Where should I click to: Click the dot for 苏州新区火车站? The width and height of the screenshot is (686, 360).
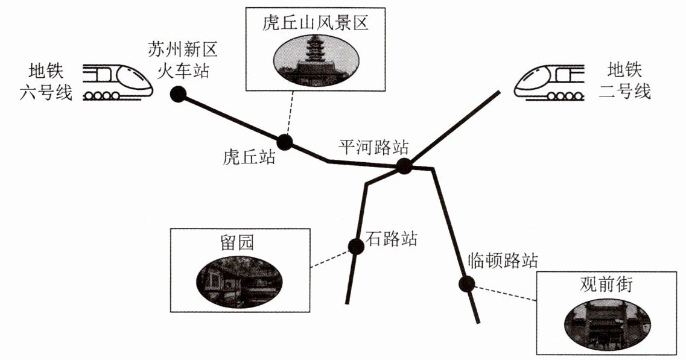[x=179, y=94]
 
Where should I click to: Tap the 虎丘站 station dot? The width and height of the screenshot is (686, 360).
[x=284, y=142]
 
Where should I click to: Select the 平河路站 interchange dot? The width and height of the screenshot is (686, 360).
[x=404, y=166]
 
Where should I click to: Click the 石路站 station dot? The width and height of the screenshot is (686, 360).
[x=356, y=247]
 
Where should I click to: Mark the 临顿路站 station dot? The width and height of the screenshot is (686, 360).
[x=467, y=284]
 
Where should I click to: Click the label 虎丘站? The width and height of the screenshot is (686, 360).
[x=249, y=157]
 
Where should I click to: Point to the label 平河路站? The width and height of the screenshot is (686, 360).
[x=373, y=147]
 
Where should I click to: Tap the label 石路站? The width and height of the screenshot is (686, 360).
[x=391, y=239]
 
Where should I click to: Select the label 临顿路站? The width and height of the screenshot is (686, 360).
[x=503, y=261]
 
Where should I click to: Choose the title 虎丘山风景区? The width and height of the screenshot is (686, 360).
[x=316, y=22]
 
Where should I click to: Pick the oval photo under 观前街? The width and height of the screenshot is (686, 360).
[x=607, y=324]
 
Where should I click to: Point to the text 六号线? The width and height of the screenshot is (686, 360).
[x=46, y=92]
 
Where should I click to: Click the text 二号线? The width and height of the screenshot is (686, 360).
[x=624, y=92]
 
